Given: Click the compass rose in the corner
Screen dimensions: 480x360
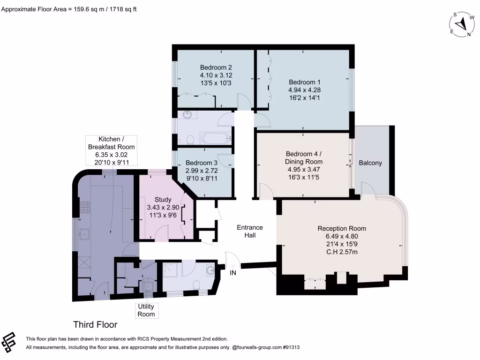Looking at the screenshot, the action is [x=462, y=24].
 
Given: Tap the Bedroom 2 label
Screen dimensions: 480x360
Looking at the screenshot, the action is [x=216, y=67].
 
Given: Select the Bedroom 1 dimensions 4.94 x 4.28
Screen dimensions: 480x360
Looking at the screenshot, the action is [x=304, y=90].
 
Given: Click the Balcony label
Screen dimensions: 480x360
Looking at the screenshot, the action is [x=370, y=163].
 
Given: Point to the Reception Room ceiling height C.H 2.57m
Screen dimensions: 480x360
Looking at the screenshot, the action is [x=342, y=252].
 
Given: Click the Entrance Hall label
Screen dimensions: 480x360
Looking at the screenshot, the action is [x=250, y=232].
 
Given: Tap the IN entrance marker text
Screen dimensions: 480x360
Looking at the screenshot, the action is [x=233, y=273].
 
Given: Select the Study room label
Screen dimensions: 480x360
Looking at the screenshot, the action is [x=163, y=200].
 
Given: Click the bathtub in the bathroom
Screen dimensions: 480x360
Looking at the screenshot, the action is [x=215, y=138].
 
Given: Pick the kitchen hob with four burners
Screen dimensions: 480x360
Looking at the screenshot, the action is [x=85, y=207].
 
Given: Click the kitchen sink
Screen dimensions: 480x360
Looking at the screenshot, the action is [x=84, y=234].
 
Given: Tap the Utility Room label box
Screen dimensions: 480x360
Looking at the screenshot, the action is [x=146, y=310].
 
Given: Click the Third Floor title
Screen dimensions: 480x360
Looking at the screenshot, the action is [x=95, y=324].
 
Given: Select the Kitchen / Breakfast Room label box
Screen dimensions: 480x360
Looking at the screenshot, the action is [x=111, y=150].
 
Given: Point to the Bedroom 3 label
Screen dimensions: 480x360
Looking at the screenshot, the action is [x=202, y=163].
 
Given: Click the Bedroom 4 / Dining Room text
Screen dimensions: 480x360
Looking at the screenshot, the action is [x=304, y=157].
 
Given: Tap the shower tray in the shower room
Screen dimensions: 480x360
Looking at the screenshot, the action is [x=170, y=270].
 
